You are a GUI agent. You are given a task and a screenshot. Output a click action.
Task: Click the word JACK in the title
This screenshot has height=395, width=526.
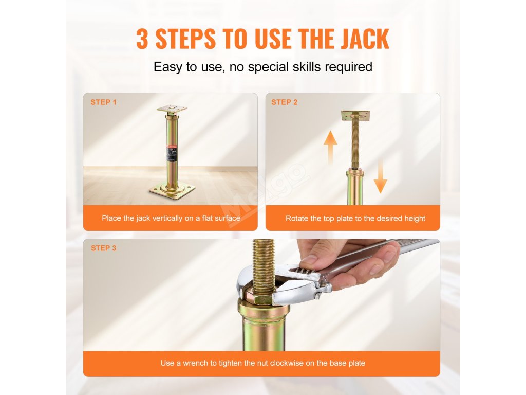(365, 39)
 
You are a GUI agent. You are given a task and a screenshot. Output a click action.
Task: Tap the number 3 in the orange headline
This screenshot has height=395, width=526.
(142, 39)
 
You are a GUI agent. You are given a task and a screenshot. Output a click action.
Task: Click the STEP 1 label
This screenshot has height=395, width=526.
(103, 102)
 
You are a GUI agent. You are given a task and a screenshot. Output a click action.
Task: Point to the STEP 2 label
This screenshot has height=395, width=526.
(285, 102)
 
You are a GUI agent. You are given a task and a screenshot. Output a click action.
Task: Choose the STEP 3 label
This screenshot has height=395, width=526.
(103, 248)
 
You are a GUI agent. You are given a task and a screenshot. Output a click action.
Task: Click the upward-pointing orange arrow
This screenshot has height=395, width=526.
(330, 146)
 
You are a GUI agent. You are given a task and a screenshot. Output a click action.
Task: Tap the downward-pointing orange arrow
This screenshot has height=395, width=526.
(380, 176)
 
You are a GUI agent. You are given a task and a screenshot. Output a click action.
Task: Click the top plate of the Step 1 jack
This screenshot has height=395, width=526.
(172, 109)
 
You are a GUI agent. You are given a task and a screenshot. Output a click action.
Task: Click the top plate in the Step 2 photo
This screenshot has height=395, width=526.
(355, 116)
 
